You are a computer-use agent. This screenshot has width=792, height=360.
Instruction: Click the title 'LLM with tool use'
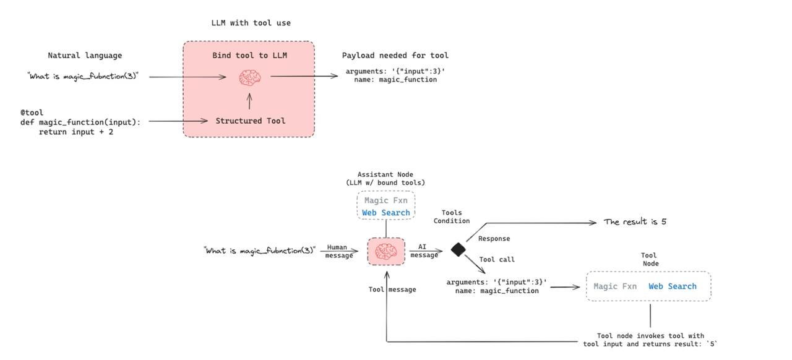coord(251,23)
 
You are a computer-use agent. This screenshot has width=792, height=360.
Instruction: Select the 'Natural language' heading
coord(85,56)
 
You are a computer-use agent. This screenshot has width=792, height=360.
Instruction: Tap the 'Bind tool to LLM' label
coord(249,56)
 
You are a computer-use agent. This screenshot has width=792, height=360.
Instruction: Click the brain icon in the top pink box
coord(250,77)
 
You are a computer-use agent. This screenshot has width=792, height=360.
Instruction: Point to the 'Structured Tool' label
coord(251,121)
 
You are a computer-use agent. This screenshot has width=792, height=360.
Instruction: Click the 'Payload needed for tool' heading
coord(395,56)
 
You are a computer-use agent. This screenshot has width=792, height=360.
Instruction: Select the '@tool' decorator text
coord(32,113)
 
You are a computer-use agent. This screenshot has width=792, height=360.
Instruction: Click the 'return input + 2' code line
coord(76,132)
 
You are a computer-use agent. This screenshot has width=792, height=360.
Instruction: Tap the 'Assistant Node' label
coord(385,174)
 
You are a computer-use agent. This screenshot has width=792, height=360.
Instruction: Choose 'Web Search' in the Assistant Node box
coord(386,213)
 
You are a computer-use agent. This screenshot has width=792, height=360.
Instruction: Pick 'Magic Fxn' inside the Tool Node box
coord(615,286)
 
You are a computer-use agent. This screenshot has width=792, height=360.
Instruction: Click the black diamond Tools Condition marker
coord(458,249)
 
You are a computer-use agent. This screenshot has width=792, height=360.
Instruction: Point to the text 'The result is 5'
coord(635,221)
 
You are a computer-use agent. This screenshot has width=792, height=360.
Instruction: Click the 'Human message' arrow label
coord(337,251)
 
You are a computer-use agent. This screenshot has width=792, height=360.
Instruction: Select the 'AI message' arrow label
coord(424,251)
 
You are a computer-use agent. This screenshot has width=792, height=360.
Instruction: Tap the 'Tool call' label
coord(497,260)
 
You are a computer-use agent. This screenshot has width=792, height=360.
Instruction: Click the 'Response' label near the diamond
coord(494,239)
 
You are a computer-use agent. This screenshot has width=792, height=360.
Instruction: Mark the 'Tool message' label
coord(392,289)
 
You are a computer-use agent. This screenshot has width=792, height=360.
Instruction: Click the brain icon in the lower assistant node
coord(386,251)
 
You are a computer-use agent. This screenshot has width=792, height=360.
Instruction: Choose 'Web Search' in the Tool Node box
coord(672,286)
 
